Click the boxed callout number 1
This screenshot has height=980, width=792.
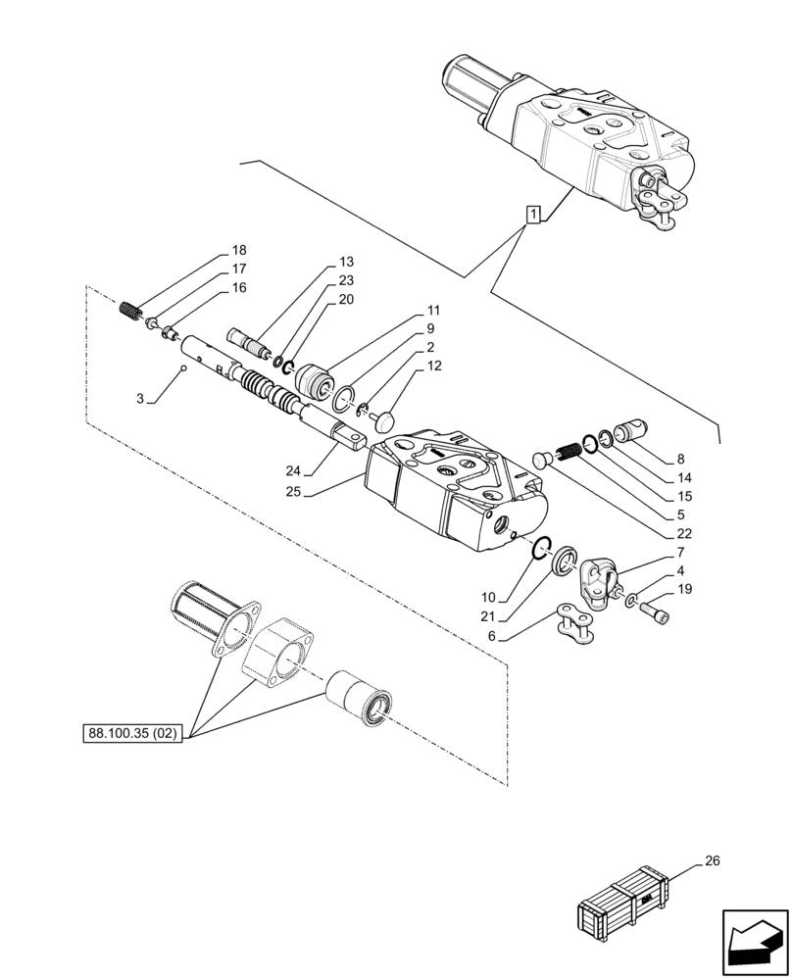pos(532,215)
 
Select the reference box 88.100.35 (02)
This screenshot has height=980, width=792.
pos(131,732)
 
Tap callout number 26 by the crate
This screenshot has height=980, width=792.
pos(711,862)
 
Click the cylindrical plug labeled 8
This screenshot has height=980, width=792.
pos(629,431)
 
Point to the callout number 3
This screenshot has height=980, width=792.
pos(139,399)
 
